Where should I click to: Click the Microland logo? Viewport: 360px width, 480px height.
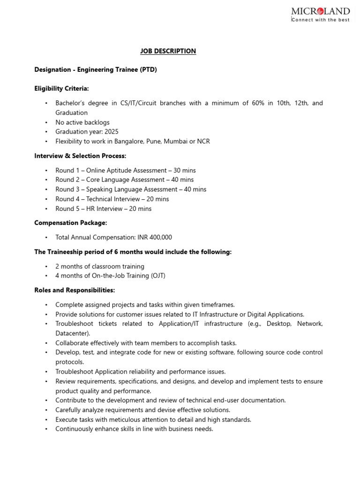point(320,14)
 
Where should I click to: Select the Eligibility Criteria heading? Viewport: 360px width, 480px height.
point(61,88)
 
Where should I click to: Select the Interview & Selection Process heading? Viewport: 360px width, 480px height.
point(80,156)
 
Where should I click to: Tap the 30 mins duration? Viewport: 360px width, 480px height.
point(184,170)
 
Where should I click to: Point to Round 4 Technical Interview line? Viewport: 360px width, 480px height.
point(112,199)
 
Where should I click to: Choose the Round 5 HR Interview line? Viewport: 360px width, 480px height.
point(103,209)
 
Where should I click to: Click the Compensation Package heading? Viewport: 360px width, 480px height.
point(71,223)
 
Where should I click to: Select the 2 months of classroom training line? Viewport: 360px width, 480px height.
point(99,266)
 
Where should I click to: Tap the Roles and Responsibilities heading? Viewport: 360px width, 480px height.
point(75,291)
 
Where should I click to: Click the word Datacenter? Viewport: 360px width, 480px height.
point(72,333)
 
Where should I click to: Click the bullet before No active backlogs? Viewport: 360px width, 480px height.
point(46,122)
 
